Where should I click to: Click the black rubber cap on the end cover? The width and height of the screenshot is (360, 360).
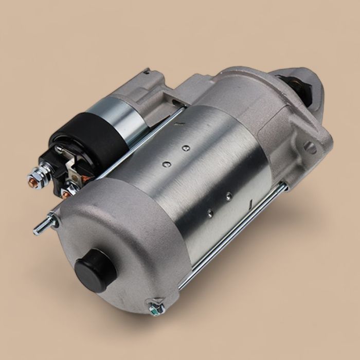tap(95, 269)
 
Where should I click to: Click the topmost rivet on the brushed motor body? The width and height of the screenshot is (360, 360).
tap(186, 148)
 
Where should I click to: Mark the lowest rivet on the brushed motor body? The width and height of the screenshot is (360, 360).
tap(209, 210)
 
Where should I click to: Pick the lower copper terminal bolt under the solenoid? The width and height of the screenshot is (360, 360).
tap(65, 193)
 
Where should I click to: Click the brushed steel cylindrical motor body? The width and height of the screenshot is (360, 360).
tap(206, 175)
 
